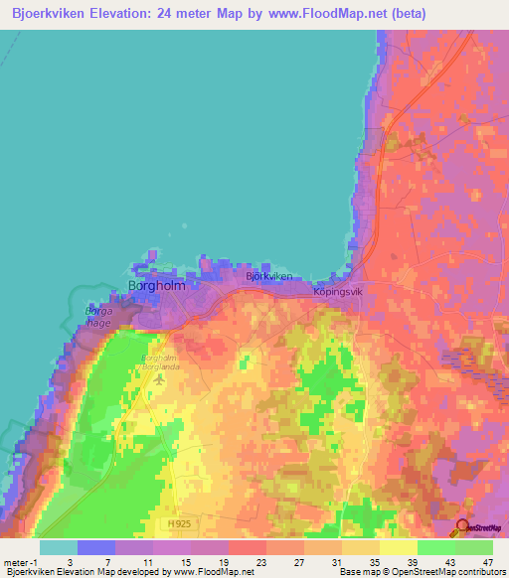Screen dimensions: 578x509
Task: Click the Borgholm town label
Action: [x=157, y=285]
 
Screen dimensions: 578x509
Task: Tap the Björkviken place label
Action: [x=269, y=277]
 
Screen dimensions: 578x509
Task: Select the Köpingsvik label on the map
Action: [x=340, y=293]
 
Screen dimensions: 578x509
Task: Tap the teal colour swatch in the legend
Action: [x=59, y=547]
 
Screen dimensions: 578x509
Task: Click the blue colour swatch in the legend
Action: [x=96, y=547]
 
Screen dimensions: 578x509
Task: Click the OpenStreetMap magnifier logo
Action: [x=462, y=526]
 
